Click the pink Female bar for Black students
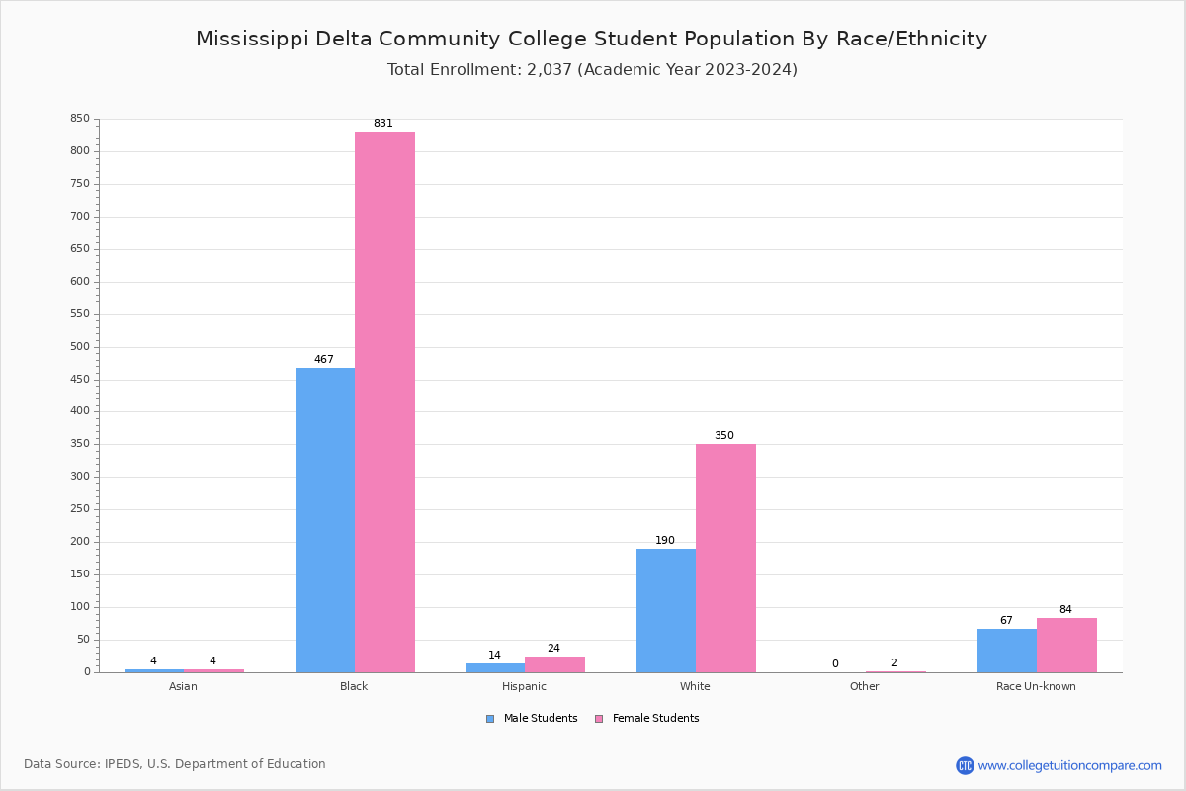click(384, 401)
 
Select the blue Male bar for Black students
click(325, 520)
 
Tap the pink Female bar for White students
click(725, 558)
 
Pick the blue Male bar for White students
click(666, 610)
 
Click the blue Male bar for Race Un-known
click(1007, 651)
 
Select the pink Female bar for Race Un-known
click(1066, 645)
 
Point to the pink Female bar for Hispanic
click(554, 664)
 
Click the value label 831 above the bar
click(383, 124)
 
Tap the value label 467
click(324, 360)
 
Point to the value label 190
click(665, 541)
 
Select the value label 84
click(1065, 610)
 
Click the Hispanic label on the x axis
click(524, 686)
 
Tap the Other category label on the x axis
click(864, 686)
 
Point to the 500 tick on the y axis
click(80, 347)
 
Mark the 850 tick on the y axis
click(80, 119)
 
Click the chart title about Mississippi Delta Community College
click(591, 39)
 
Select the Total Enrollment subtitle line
click(592, 70)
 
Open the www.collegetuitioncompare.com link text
click(1069, 765)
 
